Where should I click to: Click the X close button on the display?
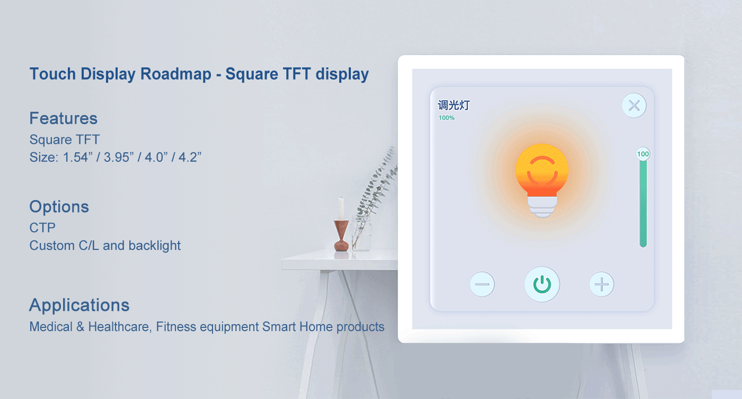click(x=634, y=105)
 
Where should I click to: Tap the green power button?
click(x=542, y=284)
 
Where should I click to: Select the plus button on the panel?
click(x=602, y=284)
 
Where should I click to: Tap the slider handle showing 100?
click(x=643, y=154)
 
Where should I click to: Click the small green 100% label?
click(x=446, y=118)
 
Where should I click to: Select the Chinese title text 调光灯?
click(x=454, y=105)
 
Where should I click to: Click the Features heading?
click(x=64, y=118)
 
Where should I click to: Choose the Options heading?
click(x=59, y=206)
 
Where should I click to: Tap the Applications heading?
click(x=79, y=305)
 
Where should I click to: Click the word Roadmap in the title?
click(x=176, y=74)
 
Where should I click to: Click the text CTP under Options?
click(x=42, y=228)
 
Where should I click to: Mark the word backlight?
click(x=155, y=246)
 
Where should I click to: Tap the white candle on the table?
click(x=341, y=207)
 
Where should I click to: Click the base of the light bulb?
click(x=542, y=207)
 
